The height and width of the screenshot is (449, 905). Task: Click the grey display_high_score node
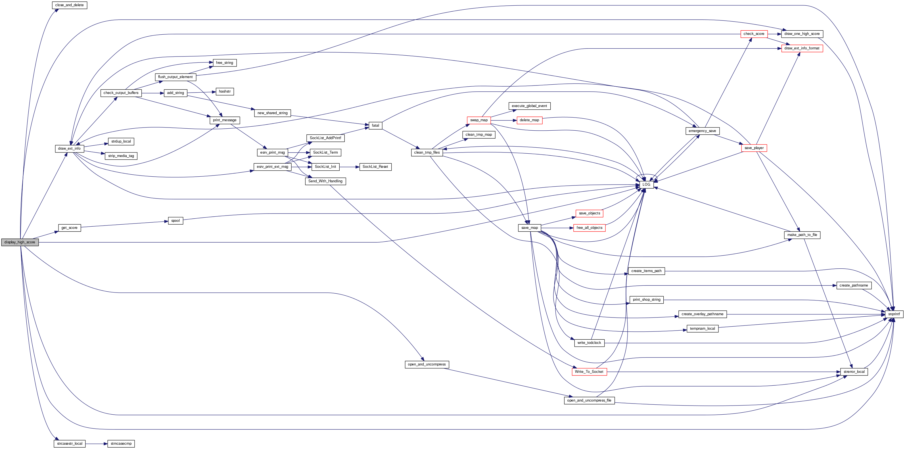20,242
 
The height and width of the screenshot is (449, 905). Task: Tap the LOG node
646,184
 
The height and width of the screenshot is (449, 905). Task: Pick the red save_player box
754,148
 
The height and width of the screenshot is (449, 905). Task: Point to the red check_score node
754,34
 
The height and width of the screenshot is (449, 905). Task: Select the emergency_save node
702,131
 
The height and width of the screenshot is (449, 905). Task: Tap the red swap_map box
479,120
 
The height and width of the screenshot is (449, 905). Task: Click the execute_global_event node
529,106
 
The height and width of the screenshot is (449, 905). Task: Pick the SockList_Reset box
375,167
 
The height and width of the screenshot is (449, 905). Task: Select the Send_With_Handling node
325,181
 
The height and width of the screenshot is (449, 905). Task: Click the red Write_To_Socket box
589,372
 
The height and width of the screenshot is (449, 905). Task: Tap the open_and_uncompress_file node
589,400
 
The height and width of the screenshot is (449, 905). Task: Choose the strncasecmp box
121,444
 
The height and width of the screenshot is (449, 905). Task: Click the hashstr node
225,92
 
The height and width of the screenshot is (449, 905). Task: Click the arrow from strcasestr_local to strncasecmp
96,444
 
